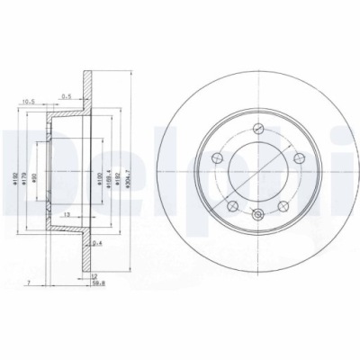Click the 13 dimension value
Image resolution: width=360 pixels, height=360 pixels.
69,215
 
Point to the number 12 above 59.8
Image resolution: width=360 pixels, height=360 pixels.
105,276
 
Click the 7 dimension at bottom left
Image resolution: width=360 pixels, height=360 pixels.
30,283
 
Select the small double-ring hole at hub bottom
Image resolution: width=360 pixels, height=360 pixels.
258,213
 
